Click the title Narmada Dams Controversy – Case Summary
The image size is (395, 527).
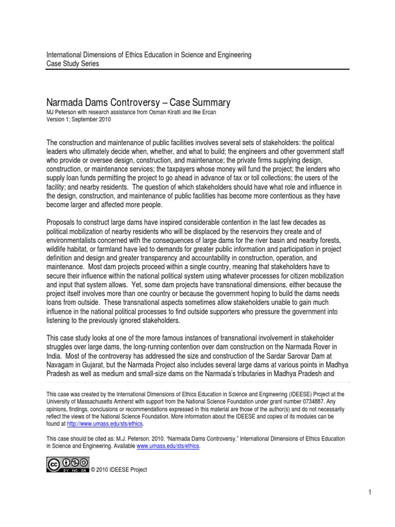138,102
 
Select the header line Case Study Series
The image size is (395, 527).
73,63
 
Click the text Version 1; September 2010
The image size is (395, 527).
78,120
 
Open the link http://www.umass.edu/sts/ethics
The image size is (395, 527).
106,423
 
